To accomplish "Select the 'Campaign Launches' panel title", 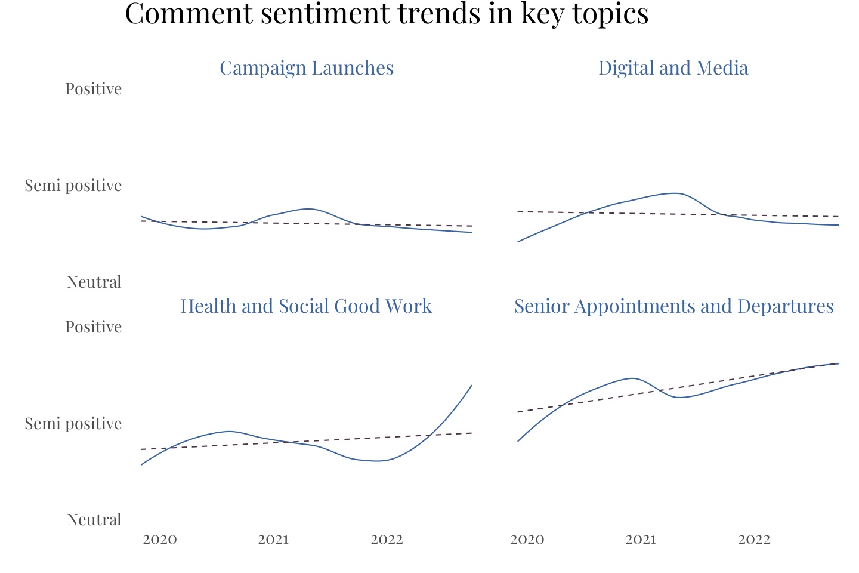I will pyautogui.click(x=307, y=68).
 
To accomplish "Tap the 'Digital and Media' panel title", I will pyautogui.click(x=673, y=68).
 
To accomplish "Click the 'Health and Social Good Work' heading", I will pyautogui.click(x=306, y=306).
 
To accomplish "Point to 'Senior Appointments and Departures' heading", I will pyautogui.click(x=673, y=306).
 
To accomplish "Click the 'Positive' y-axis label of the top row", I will pyautogui.click(x=94, y=89).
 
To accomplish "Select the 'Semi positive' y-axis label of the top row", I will pyautogui.click(x=73, y=186).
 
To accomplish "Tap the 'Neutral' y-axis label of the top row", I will pyautogui.click(x=94, y=282).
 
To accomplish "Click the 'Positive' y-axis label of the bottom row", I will pyautogui.click(x=94, y=327).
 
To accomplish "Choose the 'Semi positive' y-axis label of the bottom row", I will pyautogui.click(x=73, y=424).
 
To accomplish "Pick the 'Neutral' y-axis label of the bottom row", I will pyautogui.click(x=94, y=520).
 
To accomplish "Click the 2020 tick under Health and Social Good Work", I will pyautogui.click(x=160, y=540).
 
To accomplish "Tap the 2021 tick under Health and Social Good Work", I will pyautogui.click(x=273, y=540).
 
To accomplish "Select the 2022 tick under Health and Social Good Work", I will pyautogui.click(x=387, y=540).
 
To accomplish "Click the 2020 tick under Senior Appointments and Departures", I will pyautogui.click(x=527, y=540).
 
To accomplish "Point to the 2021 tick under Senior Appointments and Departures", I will pyautogui.click(x=641, y=540).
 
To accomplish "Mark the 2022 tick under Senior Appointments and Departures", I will pyautogui.click(x=755, y=540).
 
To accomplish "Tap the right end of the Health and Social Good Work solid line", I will pyautogui.click(x=472, y=385).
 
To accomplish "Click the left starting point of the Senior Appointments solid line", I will pyautogui.click(x=518, y=441).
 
